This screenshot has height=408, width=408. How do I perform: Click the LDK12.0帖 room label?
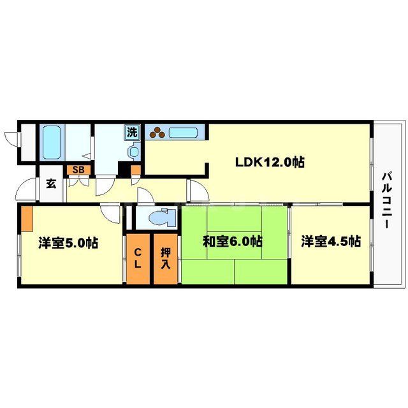(x=269, y=162)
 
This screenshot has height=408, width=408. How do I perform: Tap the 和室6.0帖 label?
(x=233, y=242)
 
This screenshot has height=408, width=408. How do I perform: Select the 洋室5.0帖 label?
(x=68, y=243)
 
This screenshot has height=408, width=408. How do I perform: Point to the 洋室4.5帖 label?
(x=331, y=242)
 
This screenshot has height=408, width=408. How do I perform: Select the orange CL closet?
(x=138, y=259)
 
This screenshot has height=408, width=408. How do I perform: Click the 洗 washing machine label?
(x=132, y=133)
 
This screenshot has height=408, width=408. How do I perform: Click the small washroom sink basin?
(x=133, y=152)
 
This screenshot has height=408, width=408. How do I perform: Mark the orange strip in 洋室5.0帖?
(x=27, y=219)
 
